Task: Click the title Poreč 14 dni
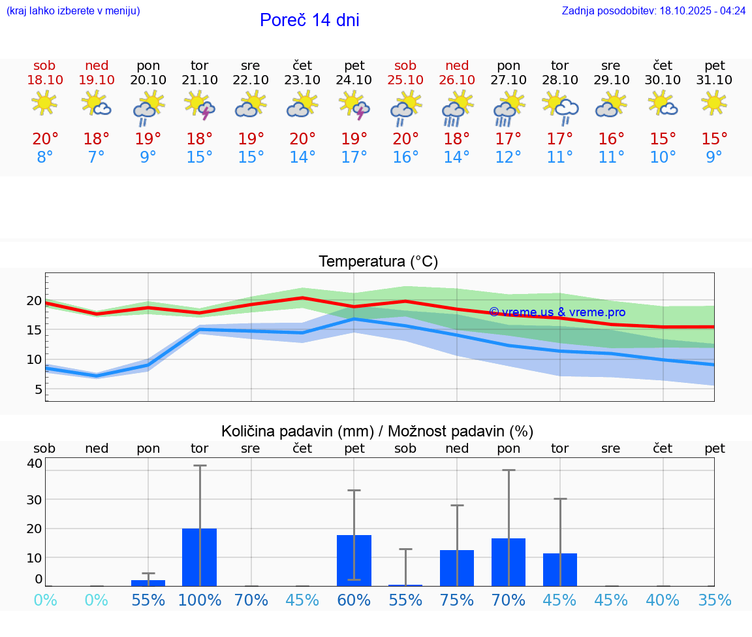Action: click(x=309, y=20)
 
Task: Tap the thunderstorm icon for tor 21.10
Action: click(x=200, y=105)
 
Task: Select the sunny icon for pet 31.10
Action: click(x=714, y=103)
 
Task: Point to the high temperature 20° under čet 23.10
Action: click(x=302, y=139)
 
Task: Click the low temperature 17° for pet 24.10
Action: click(x=354, y=157)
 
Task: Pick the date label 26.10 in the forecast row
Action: click(x=457, y=80)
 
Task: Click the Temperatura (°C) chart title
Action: click(x=378, y=262)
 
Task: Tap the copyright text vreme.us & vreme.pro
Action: click(x=557, y=312)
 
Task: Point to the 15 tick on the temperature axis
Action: click(x=34, y=330)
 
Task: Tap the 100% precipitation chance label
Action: click(x=200, y=600)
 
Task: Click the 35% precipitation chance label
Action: click(x=714, y=600)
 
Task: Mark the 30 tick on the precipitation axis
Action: click(x=34, y=499)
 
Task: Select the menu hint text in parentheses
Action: click(x=73, y=11)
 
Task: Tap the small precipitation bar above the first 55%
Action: click(x=148, y=583)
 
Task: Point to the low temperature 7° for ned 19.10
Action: click(x=97, y=157)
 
